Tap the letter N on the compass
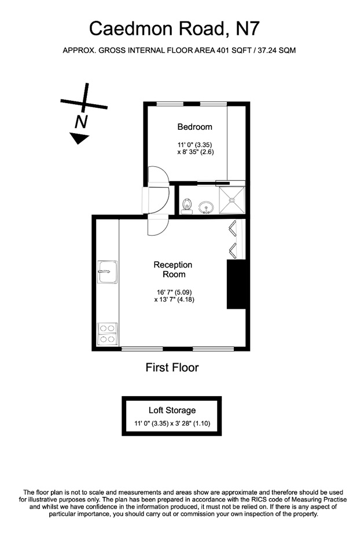pos(81,121)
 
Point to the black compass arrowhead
pos(79,138)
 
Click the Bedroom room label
pos(194,127)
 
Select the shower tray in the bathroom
pos(233,200)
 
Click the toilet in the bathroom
pos(187,205)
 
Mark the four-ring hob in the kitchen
pos(108,334)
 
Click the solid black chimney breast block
pos(237,284)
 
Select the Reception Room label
pos(172,269)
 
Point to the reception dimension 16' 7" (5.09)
pos(172,291)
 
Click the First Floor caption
pos(171,367)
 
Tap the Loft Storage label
pos(172,410)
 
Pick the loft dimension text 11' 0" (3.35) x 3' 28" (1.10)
pos(172,423)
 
